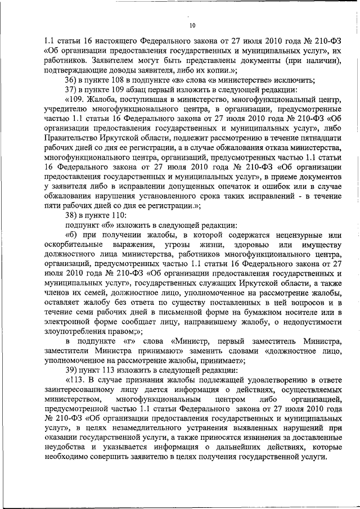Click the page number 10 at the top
(192, 25)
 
